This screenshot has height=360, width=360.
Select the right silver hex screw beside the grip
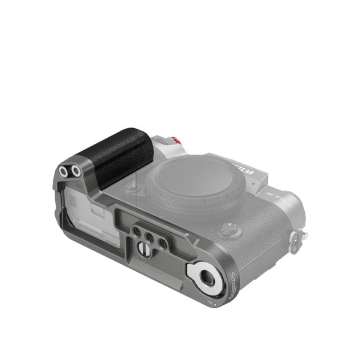[74, 169]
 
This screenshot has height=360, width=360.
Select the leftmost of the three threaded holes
[137, 231]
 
